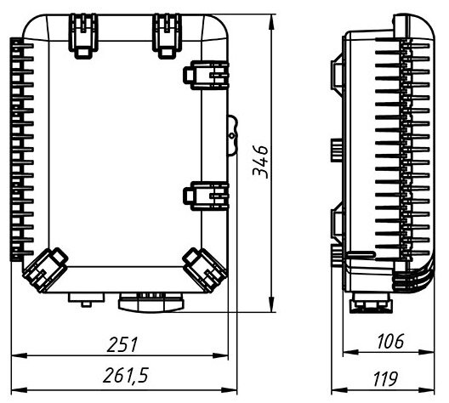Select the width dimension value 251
click(122, 343)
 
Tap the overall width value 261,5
click(123, 376)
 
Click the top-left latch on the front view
click(83, 34)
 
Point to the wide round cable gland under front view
click(151, 300)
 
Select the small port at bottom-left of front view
click(85, 297)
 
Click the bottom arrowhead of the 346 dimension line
click(271, 309)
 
